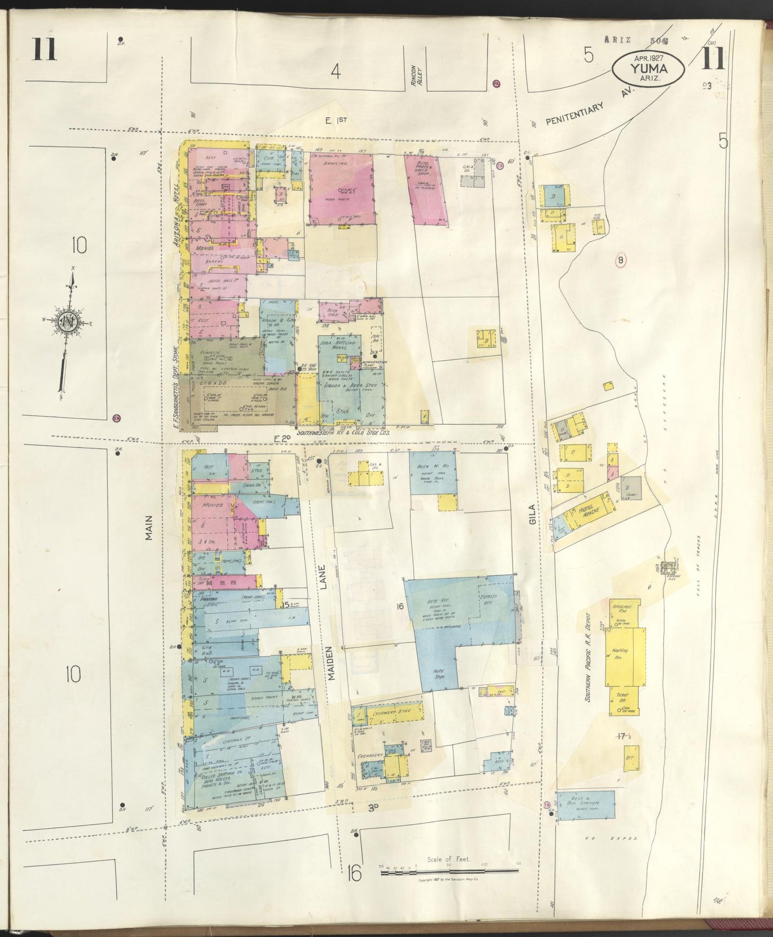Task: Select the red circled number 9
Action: [621, 260]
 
